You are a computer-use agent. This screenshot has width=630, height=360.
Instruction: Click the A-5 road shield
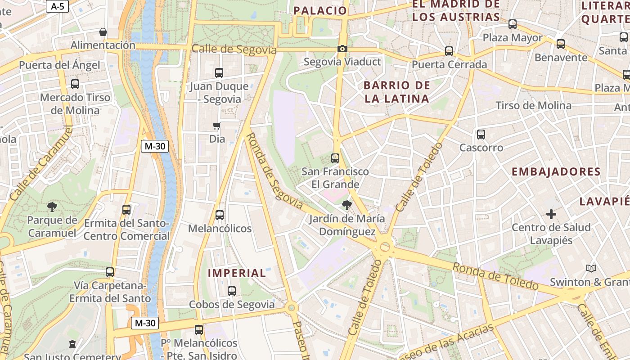[x=57, y=6]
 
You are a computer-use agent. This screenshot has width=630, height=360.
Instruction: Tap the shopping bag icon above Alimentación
[x=103, y=32]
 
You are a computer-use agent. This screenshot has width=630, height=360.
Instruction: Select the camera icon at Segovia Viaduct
[x=342, y=49]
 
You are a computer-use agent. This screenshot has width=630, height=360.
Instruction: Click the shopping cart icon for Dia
[x=217, y=126]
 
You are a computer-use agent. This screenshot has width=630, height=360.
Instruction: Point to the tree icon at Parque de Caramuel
[x=52, y=207]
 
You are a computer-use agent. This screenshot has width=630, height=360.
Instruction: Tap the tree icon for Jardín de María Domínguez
[x=346, y=205]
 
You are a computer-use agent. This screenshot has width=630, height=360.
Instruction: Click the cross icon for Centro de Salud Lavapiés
[x=551, y=214]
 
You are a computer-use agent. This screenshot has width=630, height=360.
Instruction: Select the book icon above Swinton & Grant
[x=591, y=269]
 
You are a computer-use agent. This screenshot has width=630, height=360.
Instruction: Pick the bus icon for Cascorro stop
[x=481, y=134]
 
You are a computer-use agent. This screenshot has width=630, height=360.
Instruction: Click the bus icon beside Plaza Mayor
[x=513, y=24]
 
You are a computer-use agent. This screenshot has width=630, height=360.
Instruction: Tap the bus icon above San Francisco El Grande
[x=335, y=158]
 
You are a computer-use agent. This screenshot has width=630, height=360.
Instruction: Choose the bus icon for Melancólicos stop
[x=219, y=215]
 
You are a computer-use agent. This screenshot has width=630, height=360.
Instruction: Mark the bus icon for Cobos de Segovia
[x=232, y=291]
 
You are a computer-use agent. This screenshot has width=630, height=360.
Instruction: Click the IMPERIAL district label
[x=237, y=273]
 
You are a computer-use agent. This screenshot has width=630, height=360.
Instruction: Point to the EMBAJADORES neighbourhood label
[x=556, y=171]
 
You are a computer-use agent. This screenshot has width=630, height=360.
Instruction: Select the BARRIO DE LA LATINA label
[x=396, y=92]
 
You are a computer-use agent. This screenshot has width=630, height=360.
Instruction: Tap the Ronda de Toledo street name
[x=495, y=276]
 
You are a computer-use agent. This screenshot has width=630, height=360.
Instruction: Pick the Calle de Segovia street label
[x=234, y=49]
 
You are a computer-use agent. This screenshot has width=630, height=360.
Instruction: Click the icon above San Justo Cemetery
[x=72, y=344]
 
